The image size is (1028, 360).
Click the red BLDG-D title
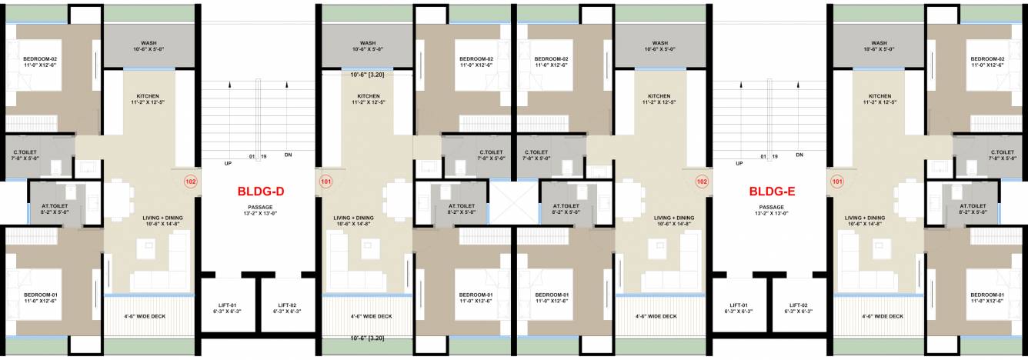(x=259, y=192)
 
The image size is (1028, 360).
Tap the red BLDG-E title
(x=771, y=192)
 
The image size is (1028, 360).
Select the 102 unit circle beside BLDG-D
(x=190, y=182)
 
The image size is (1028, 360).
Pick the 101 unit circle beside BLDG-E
(x=838, y=182)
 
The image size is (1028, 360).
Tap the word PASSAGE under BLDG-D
(x=259, y=207)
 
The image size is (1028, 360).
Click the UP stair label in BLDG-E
(x=739, y=164)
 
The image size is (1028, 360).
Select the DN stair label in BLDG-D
(x=288, y=155)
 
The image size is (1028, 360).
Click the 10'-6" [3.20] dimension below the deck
(x=367, y=338)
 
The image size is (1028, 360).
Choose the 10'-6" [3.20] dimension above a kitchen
(x=367, y=75)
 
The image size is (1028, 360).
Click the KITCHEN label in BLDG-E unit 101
(x=881, y=96)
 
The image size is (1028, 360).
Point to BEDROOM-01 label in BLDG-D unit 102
(x=36, y=295)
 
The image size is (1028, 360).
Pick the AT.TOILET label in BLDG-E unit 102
(x=567, y=206)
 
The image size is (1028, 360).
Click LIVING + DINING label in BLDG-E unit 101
(x=865, y=218)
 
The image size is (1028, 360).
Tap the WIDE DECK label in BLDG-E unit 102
(x=656, y=316)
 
